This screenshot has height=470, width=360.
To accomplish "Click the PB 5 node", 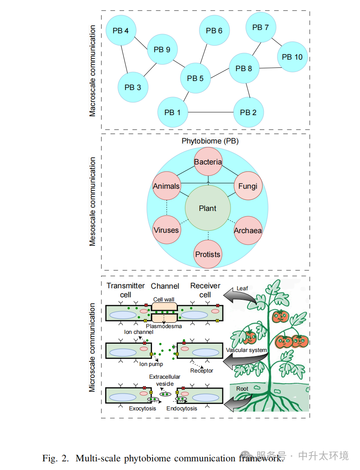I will point(195,78).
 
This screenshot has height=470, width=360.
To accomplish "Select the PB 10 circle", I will point(292,57).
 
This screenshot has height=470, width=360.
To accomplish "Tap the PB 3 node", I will point(133,87).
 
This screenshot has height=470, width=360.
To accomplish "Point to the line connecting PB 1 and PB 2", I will point(210,112).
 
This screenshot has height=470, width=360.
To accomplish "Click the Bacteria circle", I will point(208,162).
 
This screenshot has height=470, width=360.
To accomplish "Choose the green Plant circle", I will point(208,208).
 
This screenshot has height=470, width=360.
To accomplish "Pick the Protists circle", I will point(208,254).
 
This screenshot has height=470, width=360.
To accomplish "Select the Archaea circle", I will point(248,230).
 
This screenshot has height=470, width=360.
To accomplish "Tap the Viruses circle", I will point(166,230).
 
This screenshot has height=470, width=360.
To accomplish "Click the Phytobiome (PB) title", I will point(210,141).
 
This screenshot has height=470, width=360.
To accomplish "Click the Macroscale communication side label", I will point(92,71).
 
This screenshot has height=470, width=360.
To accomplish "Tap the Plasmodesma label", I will point(164,326).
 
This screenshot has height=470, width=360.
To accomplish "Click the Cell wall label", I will point(164,299).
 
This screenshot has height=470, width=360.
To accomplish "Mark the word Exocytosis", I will point(143,408).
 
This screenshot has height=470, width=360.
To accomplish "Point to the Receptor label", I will point(202,370).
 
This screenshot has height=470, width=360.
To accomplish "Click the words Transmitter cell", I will point(126,290).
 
